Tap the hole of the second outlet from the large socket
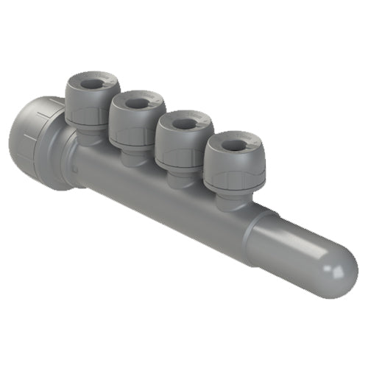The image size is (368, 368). (137, 102)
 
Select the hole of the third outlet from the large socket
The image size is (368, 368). (183, 123)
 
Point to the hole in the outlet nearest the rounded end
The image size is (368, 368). (232, 144)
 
